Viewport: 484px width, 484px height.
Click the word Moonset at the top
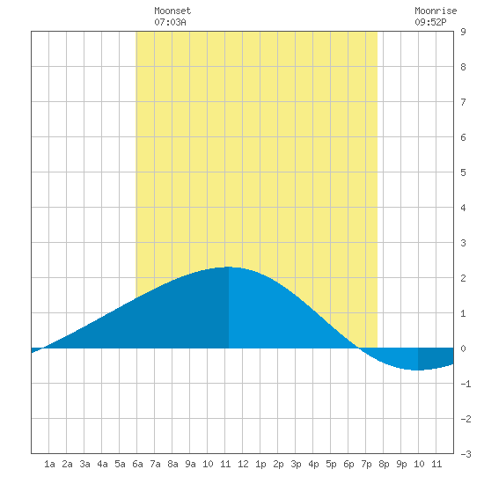[172, 11]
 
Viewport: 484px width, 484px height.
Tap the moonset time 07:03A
[170, 22]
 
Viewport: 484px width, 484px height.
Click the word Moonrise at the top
[436, 11]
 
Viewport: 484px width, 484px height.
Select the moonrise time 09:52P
[430, 22]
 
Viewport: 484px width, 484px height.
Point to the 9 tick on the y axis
[463, 32]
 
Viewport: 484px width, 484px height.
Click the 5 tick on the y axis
[463, 172]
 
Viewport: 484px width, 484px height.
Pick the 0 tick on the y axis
[463, 348]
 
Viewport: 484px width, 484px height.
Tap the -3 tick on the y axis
[466, 454]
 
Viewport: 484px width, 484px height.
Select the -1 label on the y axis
[466, 384]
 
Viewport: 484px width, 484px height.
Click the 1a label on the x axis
[49, 464]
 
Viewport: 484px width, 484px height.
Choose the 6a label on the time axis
[137, 464]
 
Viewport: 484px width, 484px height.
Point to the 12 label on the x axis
[243, 464]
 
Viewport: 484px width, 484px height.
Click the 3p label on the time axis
[296, 464]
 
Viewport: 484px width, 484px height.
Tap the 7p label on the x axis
[366, 464]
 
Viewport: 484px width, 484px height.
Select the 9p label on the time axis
[401, 464]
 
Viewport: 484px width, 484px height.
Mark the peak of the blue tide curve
[229, 267]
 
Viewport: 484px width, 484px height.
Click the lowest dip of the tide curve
[418, 370]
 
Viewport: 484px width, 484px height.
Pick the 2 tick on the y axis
[463, 278]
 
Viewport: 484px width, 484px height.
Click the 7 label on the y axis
[463, 102]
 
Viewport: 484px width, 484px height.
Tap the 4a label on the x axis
[102, 464]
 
